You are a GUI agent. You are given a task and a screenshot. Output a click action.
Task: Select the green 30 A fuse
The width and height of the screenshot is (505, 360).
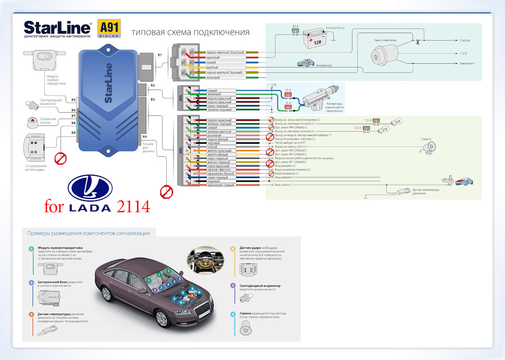tap(297, 32)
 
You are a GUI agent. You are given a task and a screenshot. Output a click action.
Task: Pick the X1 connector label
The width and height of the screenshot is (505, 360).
tap(160, 54)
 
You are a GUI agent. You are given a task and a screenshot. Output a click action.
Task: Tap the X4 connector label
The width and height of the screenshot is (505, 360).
tap(144, 137)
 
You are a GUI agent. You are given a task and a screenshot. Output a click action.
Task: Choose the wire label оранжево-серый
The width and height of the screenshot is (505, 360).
tap(220, 185)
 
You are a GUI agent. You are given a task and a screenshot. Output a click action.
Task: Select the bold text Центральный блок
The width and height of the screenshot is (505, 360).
tap(52, 283)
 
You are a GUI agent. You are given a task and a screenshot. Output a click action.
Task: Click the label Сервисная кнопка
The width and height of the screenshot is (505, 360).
tap(48, 121)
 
